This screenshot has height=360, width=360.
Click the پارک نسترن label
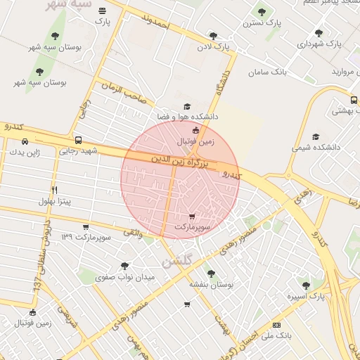[262, 23]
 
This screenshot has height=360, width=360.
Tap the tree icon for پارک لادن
[213, 34]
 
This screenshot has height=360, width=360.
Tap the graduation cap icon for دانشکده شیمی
[316, 136]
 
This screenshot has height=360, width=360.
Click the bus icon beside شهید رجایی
[77, 140]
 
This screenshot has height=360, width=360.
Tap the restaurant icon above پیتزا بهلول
[54, 191]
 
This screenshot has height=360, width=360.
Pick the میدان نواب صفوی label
[124, 278]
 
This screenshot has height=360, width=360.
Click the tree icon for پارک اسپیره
[305, 284]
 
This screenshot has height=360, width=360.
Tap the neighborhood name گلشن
[176, 261]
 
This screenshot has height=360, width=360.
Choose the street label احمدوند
[155, 25]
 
